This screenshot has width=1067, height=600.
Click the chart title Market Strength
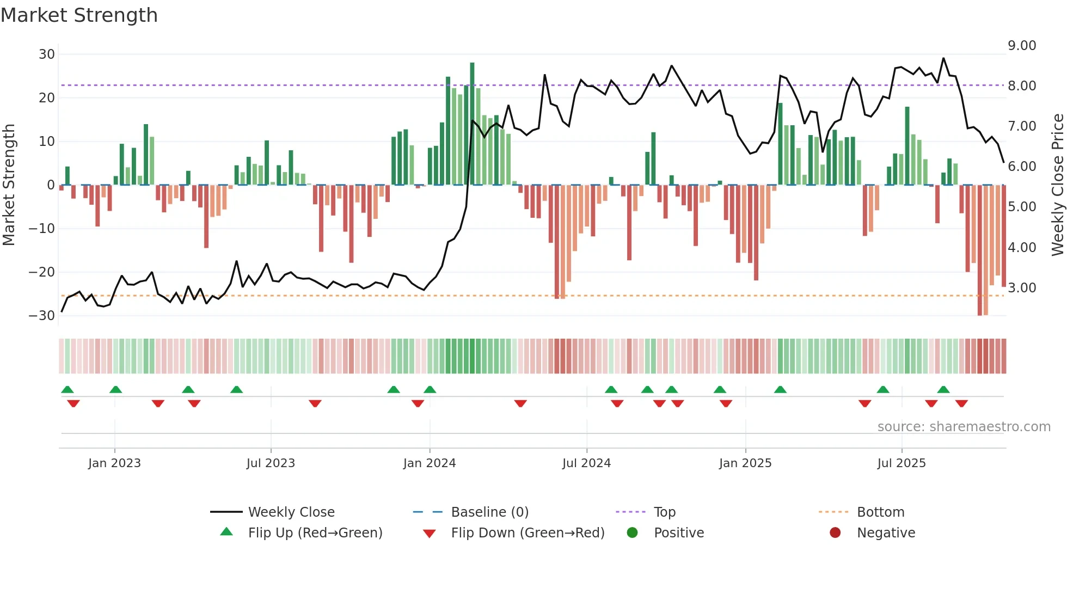pyautogui.click(x=79, y=15)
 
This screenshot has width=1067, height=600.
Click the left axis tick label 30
pyautogui.click(x=47, y=54)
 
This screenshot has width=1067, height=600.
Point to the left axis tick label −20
pyautogui.click(x=42, y=272)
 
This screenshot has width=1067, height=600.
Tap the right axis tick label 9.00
pyautogui.click(x=1022, y=46)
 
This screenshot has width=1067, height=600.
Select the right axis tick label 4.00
pyautogui.click(x=1022, y=248)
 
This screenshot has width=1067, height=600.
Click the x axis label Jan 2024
pyautogui.click(x=430, y=463)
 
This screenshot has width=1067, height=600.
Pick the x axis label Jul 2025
pyautogui.click(x=902, y=463)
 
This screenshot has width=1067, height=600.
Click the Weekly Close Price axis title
pyautogui.click(x=1057, y=185)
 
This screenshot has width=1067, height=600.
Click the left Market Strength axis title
pyautogui.click(x=9, y=185)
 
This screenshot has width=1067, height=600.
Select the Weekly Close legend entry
pyautogui.click(x=291, y=512)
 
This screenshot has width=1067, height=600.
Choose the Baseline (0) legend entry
pyautogui.click(x=489, y=512)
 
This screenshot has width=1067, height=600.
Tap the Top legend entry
pyautogui.click(x=664, y=512)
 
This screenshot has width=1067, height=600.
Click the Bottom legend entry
pyautogui.click(x=880, y=512)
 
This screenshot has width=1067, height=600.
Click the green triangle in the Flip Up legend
pyautogui.click(x=226, y=532)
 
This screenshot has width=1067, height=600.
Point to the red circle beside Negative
pyautogui.click(x=835, y=532)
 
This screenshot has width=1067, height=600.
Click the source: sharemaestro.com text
pyautogui.click(x=964, y=427)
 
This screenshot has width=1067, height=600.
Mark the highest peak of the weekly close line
pyautogui.click(x=943, y=58)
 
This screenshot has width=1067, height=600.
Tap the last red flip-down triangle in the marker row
pyautogui.click(x=961, y=403)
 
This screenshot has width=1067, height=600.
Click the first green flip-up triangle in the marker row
pyautogui.click(x=68, y=389)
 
